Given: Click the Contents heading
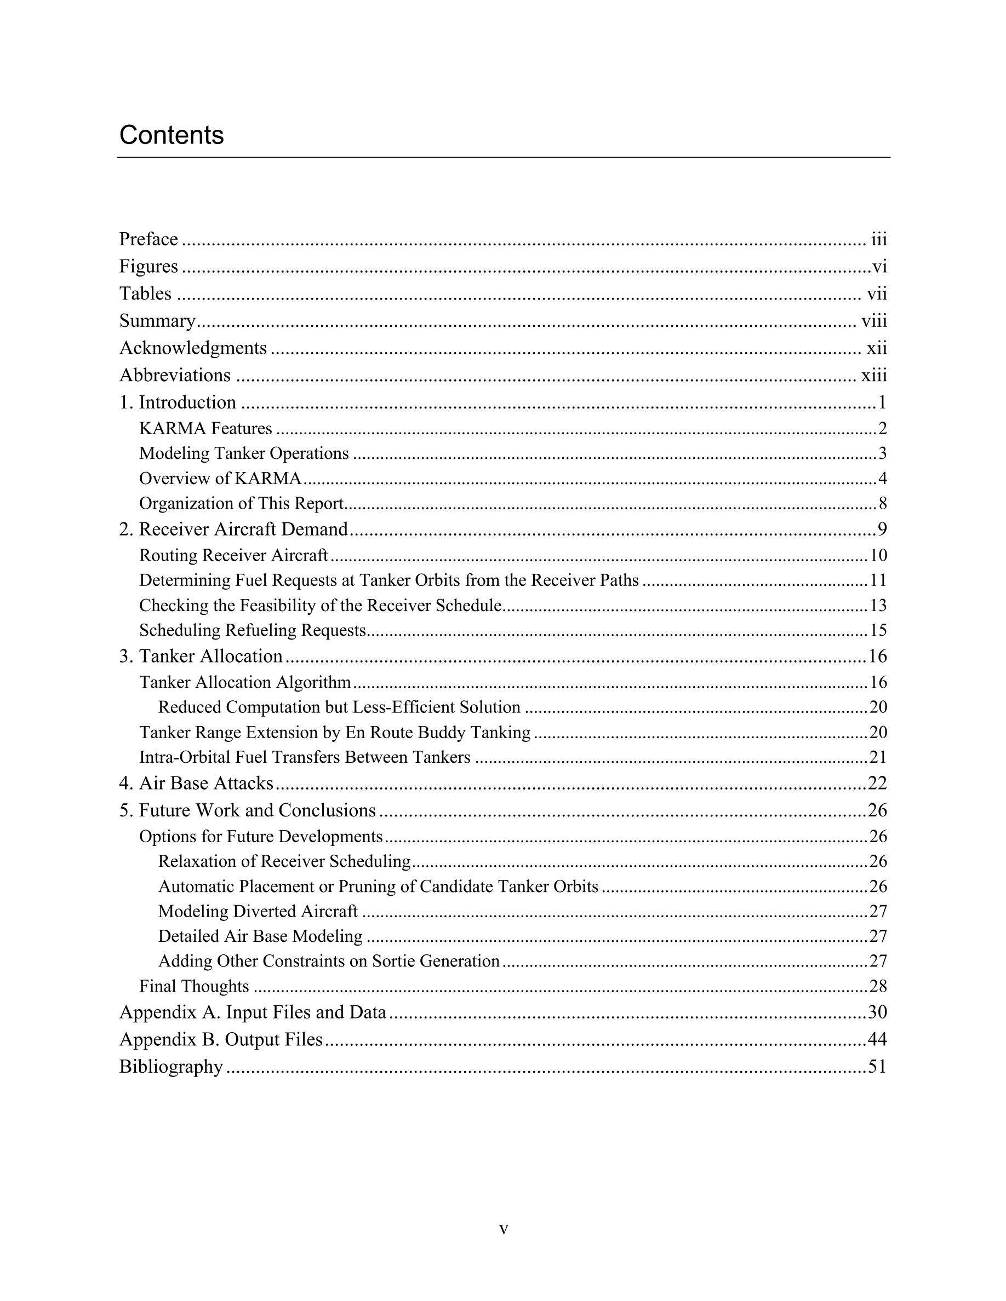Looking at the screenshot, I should click(x=172, y=135).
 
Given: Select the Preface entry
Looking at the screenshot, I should click(x=148, y=239).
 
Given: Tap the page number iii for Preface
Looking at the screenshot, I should click(x=878, y=239).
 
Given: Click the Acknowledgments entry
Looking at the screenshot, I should click(x=193, y=348).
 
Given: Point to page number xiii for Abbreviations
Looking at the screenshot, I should click(x=874, y=375).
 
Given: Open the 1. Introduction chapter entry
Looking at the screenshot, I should click(x=178, y=402).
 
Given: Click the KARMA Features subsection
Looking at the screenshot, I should click(x=205, y=428).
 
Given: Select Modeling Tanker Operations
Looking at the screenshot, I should click(x=244, y=453).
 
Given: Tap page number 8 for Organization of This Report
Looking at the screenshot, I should click(x=883, y=504).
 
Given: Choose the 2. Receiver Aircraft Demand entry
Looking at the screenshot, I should click(x=233, y=529).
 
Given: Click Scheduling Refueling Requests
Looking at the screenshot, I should click(x=252, y=630).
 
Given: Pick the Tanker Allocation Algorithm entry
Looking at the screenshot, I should click(x=245, y=682).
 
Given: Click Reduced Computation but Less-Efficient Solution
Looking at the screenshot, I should click(x=339, y=707).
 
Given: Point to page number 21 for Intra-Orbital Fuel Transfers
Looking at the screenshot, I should click(x=878, y=757).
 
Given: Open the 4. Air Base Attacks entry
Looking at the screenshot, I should click(x=196, y=783).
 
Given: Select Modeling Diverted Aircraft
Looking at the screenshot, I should click(x=258, y=912).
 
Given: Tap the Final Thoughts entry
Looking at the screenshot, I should click(x=195, y=987).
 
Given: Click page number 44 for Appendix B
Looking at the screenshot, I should click(x=877, y=1039).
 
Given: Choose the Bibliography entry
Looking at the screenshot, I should click(x=171, y=1066).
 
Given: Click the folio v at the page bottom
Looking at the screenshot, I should click(x=504, y=1229).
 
